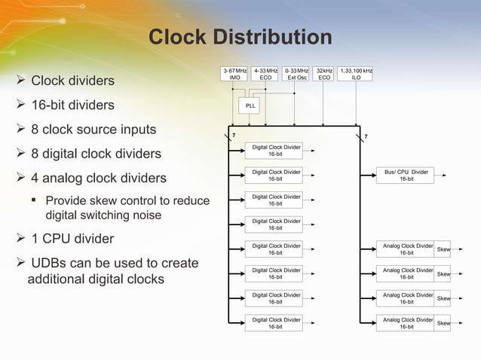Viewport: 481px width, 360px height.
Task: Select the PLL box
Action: (250, 106)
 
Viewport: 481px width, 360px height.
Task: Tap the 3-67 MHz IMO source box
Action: (234, 74)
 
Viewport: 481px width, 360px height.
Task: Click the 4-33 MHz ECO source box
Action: (265, 74)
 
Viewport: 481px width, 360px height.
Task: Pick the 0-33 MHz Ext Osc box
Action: (296, 74)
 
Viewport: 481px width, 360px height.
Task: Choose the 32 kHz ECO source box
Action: (324, 74)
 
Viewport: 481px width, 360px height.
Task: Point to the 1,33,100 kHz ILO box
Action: (356, 74)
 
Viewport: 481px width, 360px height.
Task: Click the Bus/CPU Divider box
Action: (406, 175)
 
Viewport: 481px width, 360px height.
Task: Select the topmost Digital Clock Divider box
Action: (273, 151)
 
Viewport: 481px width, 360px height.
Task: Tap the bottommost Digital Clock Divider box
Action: (273, 323)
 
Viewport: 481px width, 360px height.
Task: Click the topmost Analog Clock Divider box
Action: (406, 249)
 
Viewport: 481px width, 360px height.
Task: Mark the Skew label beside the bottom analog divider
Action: (444, 324)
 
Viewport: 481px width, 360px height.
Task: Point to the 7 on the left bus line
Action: (233, 136)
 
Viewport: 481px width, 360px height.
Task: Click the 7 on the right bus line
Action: (366, 136)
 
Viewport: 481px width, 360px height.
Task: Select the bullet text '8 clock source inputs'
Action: (93, 130)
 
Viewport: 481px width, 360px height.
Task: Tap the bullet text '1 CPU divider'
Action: (72, 239)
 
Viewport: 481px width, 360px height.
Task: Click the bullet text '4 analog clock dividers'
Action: (97, 178)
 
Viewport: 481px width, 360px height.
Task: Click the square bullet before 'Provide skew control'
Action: (35, 201)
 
